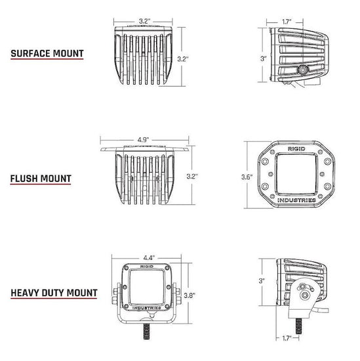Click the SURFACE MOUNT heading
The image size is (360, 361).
[47, 53]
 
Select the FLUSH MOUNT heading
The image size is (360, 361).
[41, 179]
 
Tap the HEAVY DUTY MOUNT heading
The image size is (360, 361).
[54, 293]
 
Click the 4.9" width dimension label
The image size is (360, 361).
[144, 140]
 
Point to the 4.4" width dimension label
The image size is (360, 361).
[149, 258]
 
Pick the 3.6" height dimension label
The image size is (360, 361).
[247, 177]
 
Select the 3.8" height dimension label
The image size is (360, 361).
[190, 295]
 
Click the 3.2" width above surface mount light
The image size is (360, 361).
[144, 21]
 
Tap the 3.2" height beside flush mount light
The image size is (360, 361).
[192, 177]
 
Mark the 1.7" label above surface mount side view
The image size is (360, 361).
[287, 22]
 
